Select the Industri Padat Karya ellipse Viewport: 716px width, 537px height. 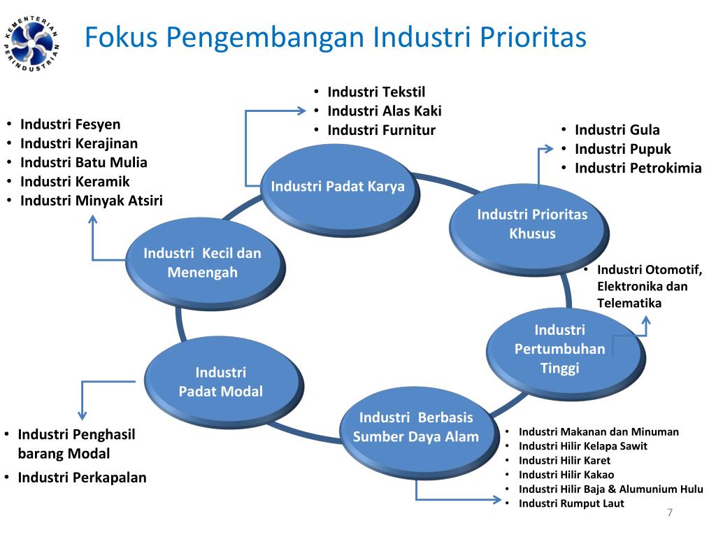(338, 187)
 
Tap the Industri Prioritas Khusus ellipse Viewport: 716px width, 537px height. (532, 224)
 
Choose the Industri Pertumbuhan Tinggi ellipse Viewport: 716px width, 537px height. (559, 349)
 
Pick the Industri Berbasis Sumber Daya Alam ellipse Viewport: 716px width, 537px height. (416, 427)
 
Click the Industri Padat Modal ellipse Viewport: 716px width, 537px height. (221, 382)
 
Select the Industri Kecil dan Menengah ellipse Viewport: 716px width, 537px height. (202, 263)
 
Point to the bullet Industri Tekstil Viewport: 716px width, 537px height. (376, 92)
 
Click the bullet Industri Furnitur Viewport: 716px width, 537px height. (381, 130)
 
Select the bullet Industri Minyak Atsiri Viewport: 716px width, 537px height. (92, 201)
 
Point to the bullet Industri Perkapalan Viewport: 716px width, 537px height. (82, 478)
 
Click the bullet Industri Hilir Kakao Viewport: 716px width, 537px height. (566, 475)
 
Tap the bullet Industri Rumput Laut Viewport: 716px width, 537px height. (571, 503)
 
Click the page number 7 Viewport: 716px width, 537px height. (670, 513)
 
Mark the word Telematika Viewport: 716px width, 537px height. (629, 303)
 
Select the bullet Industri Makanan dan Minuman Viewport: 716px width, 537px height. (599, 431)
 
